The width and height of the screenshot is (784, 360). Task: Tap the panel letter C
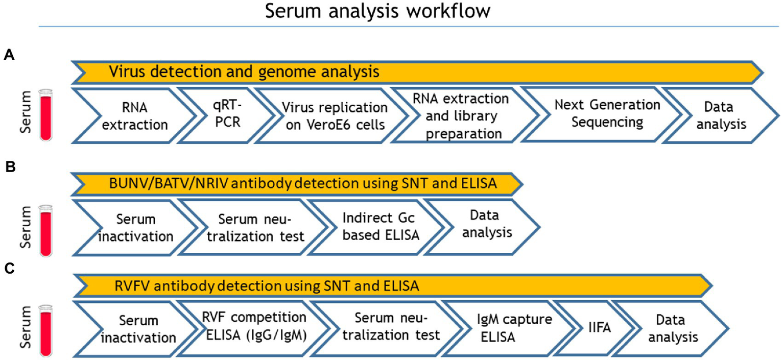[x=9, y=269]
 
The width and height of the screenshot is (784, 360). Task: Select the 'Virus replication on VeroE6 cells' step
[x=335, y=116]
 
